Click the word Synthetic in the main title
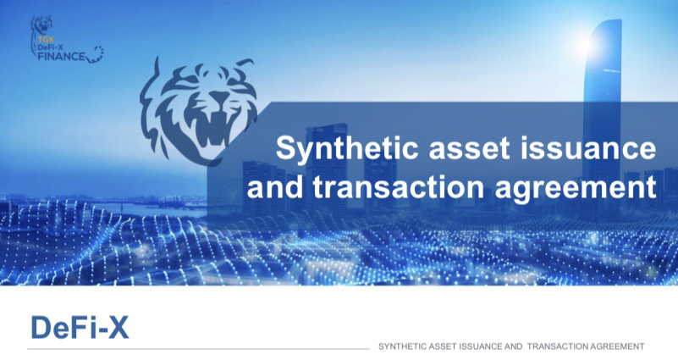pyautogui.click(x=347, y=148)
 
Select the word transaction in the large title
pyautogui.click(x=398, y=187)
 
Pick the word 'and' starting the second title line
pyautogui.click(x=274, y=187)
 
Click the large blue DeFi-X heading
pyautogui.click(x=80, y=328)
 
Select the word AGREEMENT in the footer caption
pyautogui.click(x=617, y=346)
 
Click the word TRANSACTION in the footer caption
pyautogui.click(x=558, y=346)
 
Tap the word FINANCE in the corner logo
pyautogui.click(x=62, y=56)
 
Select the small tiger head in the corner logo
pyautogui.click(x=42, y=25)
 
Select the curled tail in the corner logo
pyautogui.click(x=96, y=55)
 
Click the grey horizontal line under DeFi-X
pyautogui.click(x=198, y=348)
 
